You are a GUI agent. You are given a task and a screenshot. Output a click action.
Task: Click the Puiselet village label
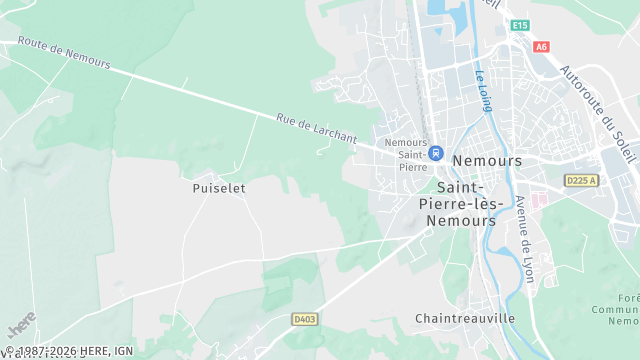(219, 187)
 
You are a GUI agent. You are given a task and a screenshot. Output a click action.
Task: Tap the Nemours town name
(487, 160)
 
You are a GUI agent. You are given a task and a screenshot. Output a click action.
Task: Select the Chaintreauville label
(465, 318)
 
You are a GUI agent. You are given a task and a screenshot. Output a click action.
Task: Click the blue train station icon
(436, 153)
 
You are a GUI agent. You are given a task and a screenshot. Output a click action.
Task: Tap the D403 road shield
(305, 319)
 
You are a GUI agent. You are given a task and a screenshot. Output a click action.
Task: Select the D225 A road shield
(580, 180)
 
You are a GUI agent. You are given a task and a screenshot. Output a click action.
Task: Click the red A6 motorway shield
(542, 46)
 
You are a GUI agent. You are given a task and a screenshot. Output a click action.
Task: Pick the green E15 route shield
(519, 25)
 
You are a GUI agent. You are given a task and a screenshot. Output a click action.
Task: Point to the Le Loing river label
(485, 89)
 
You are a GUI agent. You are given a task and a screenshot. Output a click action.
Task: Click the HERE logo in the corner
(21, 327)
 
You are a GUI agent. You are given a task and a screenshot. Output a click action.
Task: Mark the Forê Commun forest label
(626, 309)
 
